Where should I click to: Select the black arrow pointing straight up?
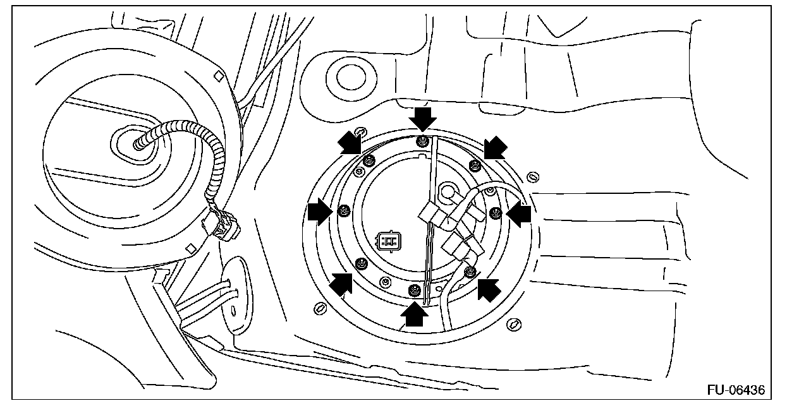(x=415, y=313)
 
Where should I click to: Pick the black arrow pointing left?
(x=520, y=215)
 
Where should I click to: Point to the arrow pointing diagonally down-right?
(x=350, y=143)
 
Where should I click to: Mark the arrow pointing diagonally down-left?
(x=495, y=148)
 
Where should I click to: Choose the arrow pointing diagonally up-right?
(x=341, y=284)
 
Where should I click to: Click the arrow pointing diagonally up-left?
(x=489, y=289)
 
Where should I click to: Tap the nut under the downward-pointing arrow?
(x=422, y=142)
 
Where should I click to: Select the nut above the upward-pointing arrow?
(x=414, y=290)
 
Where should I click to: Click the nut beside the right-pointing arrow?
(x=344, y=210)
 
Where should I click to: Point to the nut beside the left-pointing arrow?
(x=496, y=212)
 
